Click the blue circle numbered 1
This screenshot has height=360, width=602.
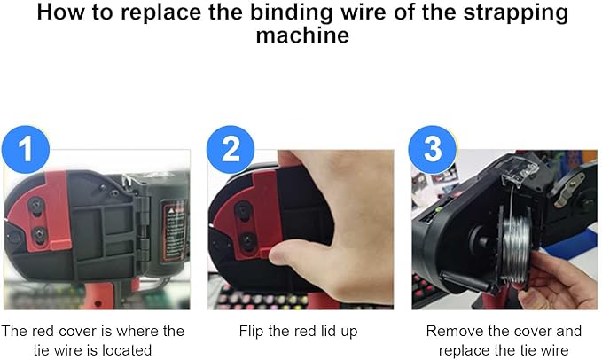point(26,149)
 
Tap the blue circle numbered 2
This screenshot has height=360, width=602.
point(231,149)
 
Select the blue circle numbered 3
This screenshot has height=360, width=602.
point(433,149)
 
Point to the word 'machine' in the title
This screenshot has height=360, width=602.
point(302,35)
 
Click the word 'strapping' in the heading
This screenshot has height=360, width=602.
point(516,13)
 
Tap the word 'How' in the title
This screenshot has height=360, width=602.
point(60,12)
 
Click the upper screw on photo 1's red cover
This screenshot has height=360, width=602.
point(36,207)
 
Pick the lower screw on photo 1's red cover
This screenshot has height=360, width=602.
point(39,233)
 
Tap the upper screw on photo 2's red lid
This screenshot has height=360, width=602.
point(243,211)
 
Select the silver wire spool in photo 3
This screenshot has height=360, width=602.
point(515,248)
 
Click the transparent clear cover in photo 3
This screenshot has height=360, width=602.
point(520,171)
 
